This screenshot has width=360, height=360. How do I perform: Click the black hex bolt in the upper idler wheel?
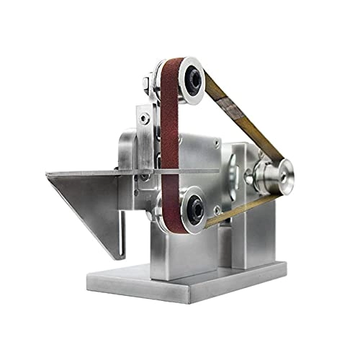coord(192,81)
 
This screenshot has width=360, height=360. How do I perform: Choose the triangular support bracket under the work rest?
coord(90,205)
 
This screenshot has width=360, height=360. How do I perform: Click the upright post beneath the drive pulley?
coord(263,230)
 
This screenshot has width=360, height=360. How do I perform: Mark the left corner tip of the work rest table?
coord(47,174)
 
